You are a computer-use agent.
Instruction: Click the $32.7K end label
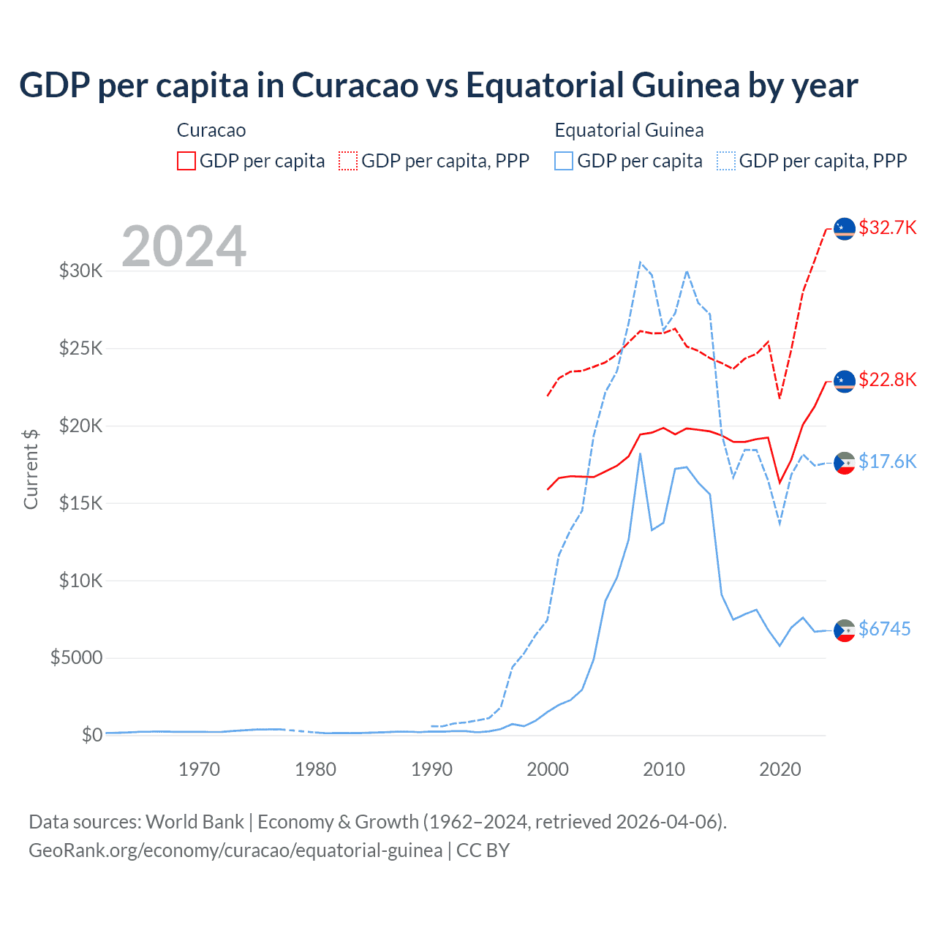coord(887,227)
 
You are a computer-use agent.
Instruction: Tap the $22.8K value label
coord(887,380)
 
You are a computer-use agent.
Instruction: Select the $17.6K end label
coord(887,461)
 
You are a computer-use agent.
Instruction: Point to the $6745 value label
coord(884,629)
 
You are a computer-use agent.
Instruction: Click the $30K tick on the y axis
coord(80,271)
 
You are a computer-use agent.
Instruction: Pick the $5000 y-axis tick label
coord(76,657)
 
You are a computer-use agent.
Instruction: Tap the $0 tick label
coord(91,735)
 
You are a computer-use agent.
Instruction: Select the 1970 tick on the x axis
coord(200,769)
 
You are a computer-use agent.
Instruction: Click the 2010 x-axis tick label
coord(664,769)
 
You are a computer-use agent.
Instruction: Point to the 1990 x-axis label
coord(431,769)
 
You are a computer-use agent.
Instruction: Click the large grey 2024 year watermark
coord(184,246)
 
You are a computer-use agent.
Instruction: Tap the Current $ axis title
coord(31,469)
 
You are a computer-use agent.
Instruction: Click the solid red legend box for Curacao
coord(186,161)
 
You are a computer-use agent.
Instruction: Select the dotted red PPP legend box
coord(348,161)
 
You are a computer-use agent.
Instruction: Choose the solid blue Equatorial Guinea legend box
coord(564,161)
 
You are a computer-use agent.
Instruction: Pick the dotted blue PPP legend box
coord(726,161)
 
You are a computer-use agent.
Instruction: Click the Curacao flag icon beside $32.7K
coord(845,228)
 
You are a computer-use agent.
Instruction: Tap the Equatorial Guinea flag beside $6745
coord(845,630)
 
